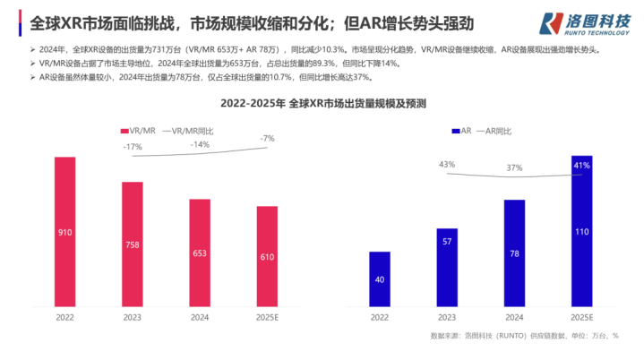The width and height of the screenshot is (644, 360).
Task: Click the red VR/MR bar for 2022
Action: pyautogui.click(x=65, y=232)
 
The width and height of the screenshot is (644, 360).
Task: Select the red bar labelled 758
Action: pyautogui.click(x=133, y=244)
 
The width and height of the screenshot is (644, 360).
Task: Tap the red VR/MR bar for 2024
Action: pyautogui.click(x=200, y=253)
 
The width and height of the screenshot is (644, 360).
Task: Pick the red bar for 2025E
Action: pyautogui.click(x=267, y=257)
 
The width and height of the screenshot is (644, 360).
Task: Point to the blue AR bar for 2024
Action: pyautogui.click(x=513, y=253)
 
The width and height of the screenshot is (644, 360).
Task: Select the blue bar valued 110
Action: pyautogui.click(x=581, y=231)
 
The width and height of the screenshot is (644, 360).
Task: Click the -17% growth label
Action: pyautogui.click(x=133, y=146)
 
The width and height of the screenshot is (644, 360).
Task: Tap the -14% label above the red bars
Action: pyautogui.click(x=200, y=143)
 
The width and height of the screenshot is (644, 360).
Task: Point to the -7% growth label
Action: pyautogui.click(x=267, y=138)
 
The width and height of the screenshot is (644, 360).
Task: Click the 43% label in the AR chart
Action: pyautogui.click(x=447, y=164)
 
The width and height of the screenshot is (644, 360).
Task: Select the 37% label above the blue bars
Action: pyautogui.click(x=514, y=167)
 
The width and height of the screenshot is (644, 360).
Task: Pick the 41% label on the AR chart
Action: pyautogui.click(x=581, y=166)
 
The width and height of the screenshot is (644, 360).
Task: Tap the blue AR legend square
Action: pyautogui.click(x=456, y=131)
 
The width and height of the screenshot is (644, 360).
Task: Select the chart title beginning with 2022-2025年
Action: pyautogui.click(x=322, y=103)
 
